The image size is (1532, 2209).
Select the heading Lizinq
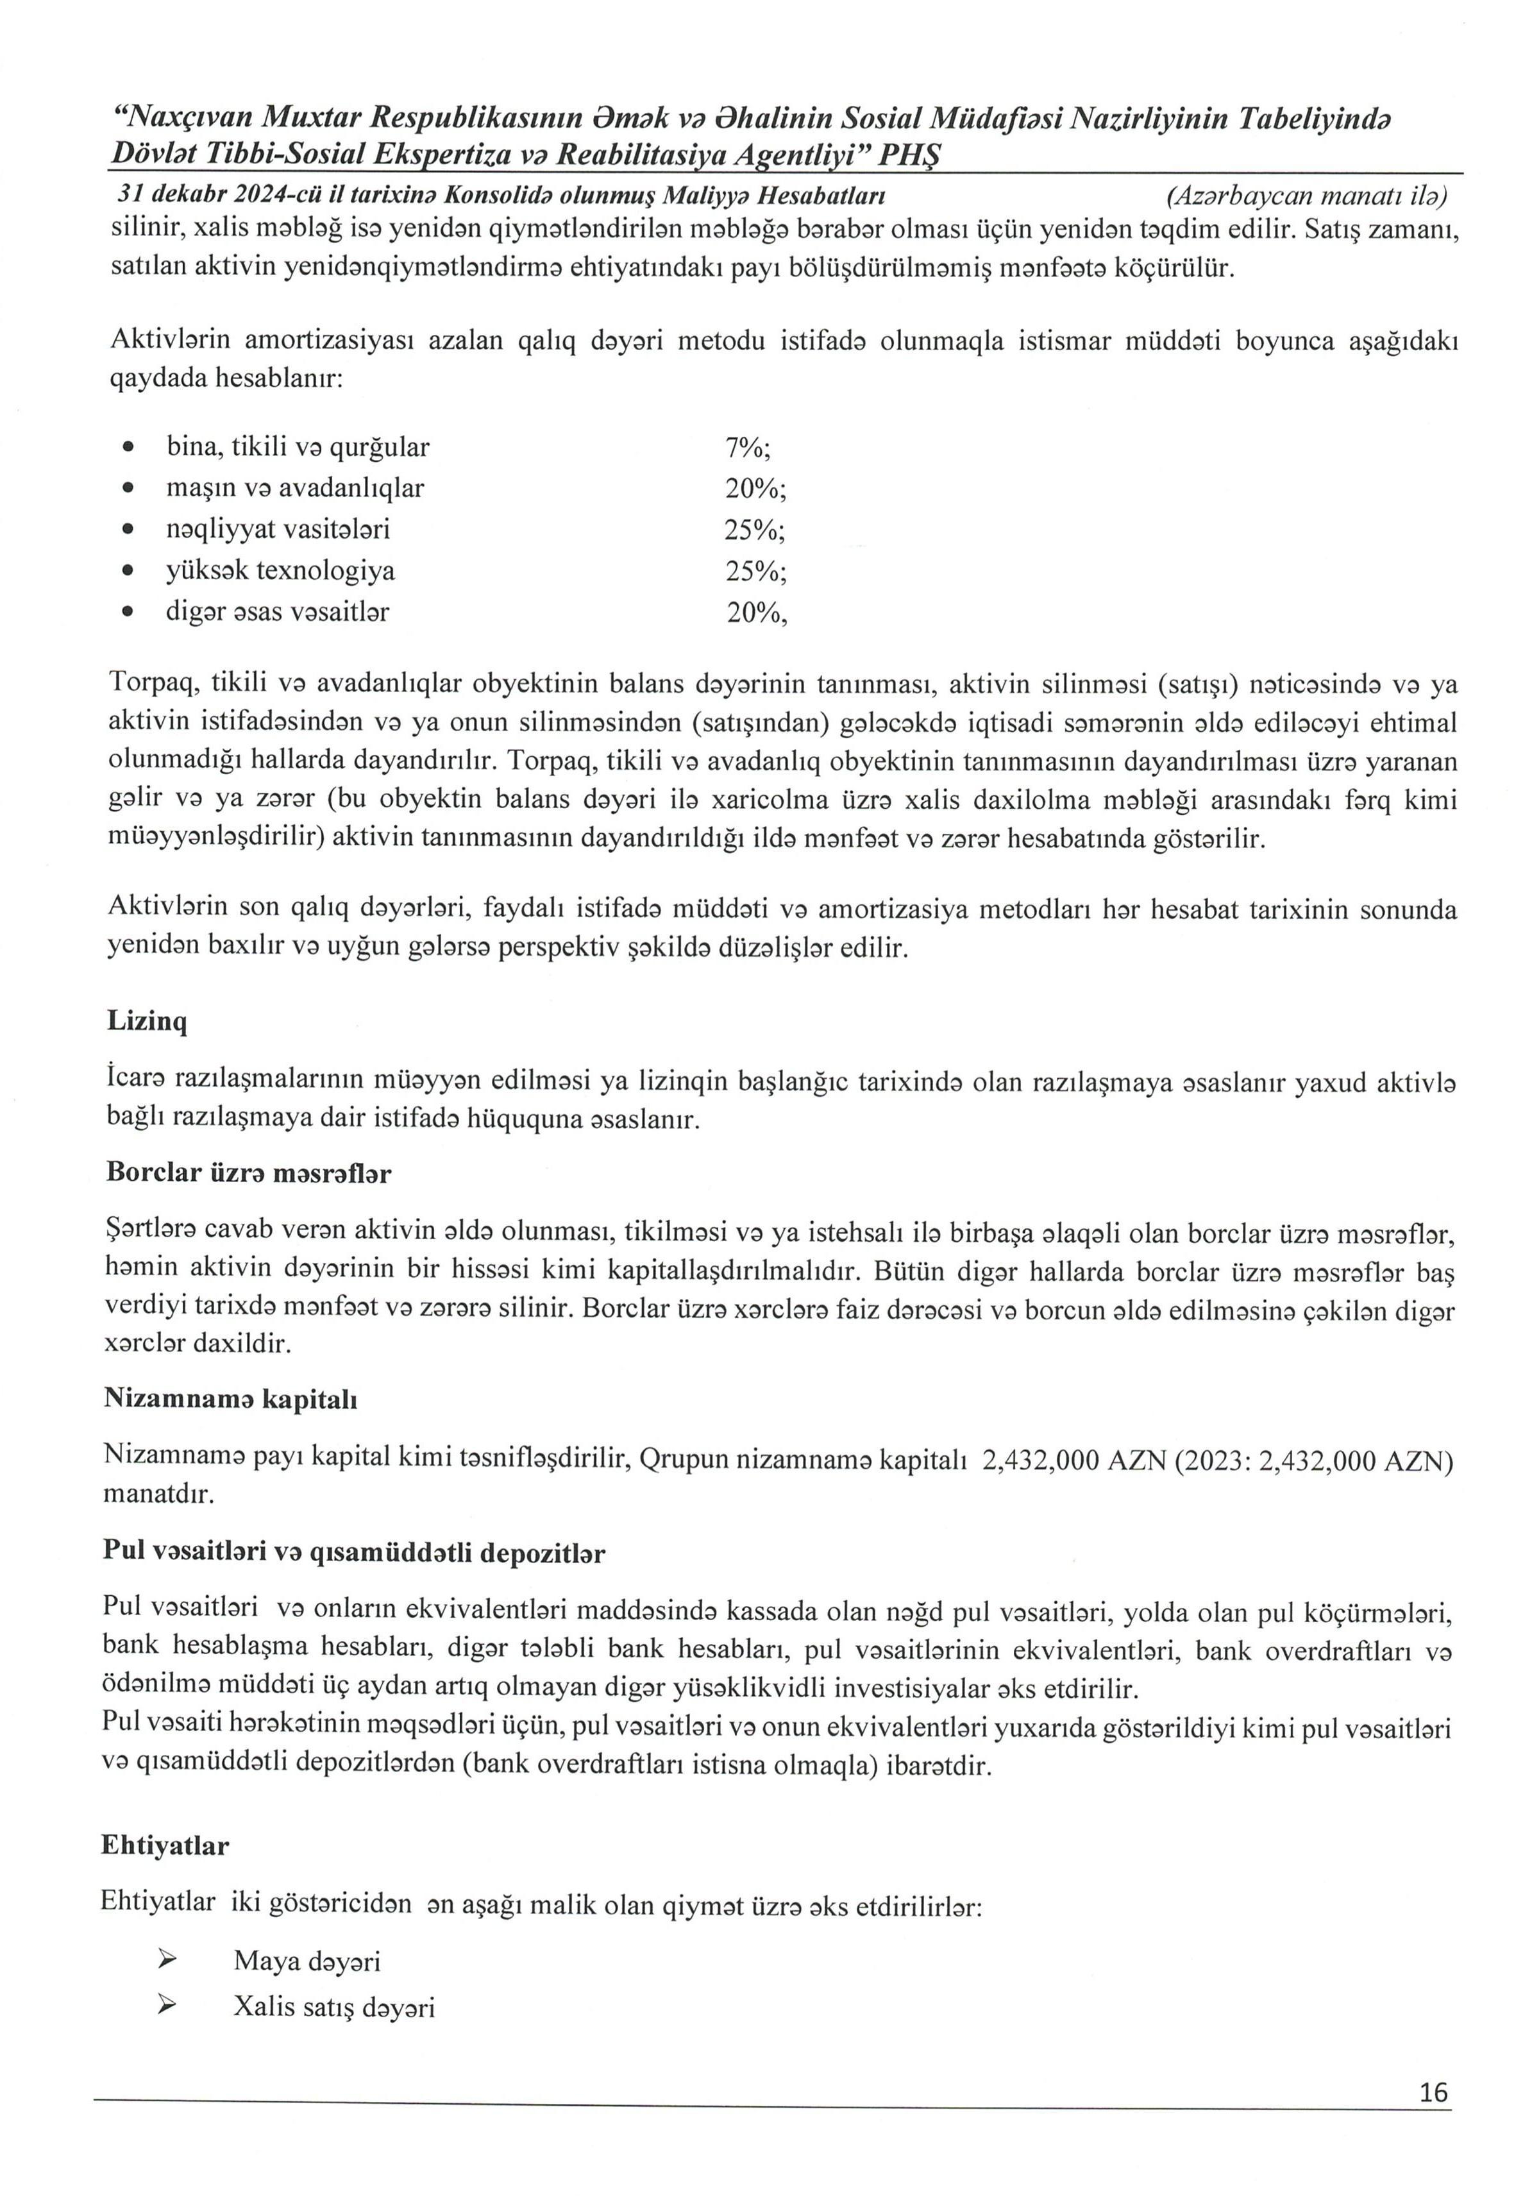147,1020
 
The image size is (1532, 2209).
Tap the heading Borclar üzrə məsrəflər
248,1172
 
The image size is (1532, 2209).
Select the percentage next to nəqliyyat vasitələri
755,530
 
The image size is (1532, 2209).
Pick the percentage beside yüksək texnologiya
755,571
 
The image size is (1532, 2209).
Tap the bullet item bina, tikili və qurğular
298,446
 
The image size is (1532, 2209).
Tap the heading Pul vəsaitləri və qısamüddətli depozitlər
354,1552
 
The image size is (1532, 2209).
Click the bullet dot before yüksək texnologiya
128,571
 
